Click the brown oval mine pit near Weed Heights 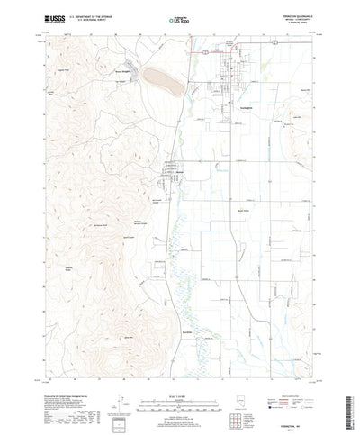click(x=163, y=81)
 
